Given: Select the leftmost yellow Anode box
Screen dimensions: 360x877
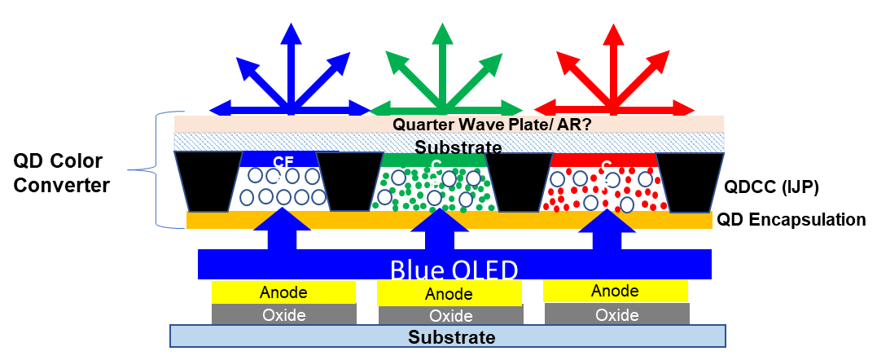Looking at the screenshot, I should pyautogui.click(x=283, y=292).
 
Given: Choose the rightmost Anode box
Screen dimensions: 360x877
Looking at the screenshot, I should pyautogui.click(x=616, y=291).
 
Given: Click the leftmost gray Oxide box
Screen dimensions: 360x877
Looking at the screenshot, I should pyautogui.click(x=283, y=314).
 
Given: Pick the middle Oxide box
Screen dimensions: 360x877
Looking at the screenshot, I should pyautogui.click(x=449, y=316).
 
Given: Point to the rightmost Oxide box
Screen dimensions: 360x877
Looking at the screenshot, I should pyautogui.click(x=616, y=314).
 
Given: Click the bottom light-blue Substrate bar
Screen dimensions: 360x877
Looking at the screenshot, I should pyautogui.click(x=447, y=336).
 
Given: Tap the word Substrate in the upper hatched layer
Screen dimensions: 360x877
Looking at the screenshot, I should pyautogui.click(x=458, y=147).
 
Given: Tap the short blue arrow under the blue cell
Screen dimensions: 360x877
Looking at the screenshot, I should pyautogui.click(x=283, y=230).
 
